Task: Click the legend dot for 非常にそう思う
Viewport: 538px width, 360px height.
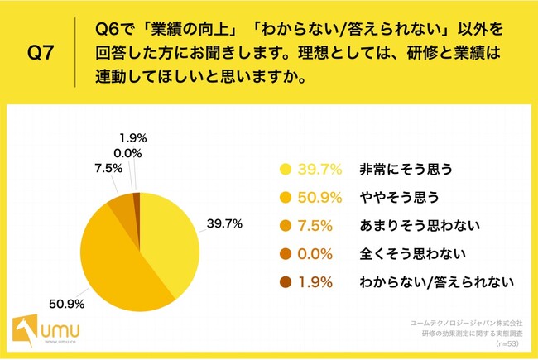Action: [286, 170]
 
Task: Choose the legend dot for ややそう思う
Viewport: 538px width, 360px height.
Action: [286, 198]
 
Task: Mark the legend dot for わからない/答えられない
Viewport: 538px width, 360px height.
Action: [286, 282]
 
